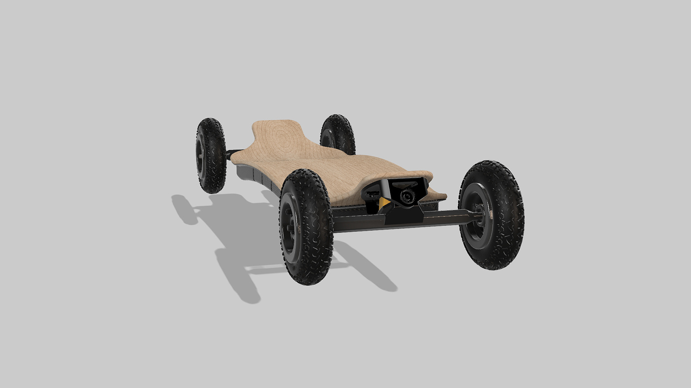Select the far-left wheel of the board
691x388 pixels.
click(x=210, y=155)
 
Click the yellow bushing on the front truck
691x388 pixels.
click(x=384, y=203)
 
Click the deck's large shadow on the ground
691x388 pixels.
click(x=240, y=225)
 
